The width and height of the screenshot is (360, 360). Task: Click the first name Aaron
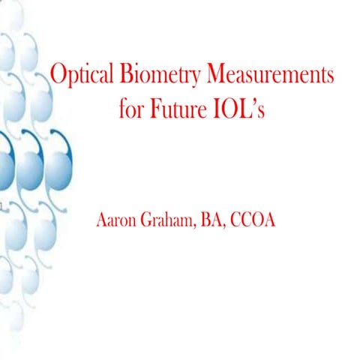coord(119,221)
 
